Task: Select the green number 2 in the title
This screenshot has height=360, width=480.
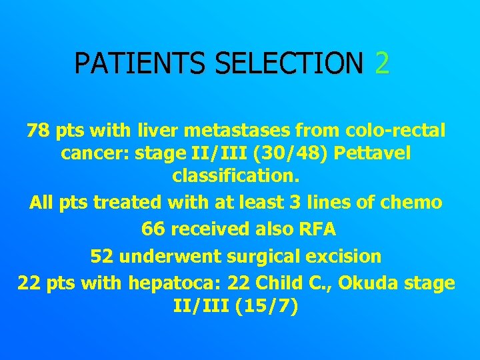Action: (x=382, y=63)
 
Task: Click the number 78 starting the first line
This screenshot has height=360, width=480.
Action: (x=38, y=130)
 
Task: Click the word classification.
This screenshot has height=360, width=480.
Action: (x=237, y=177)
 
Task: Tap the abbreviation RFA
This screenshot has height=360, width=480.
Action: (x=317, y=229)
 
